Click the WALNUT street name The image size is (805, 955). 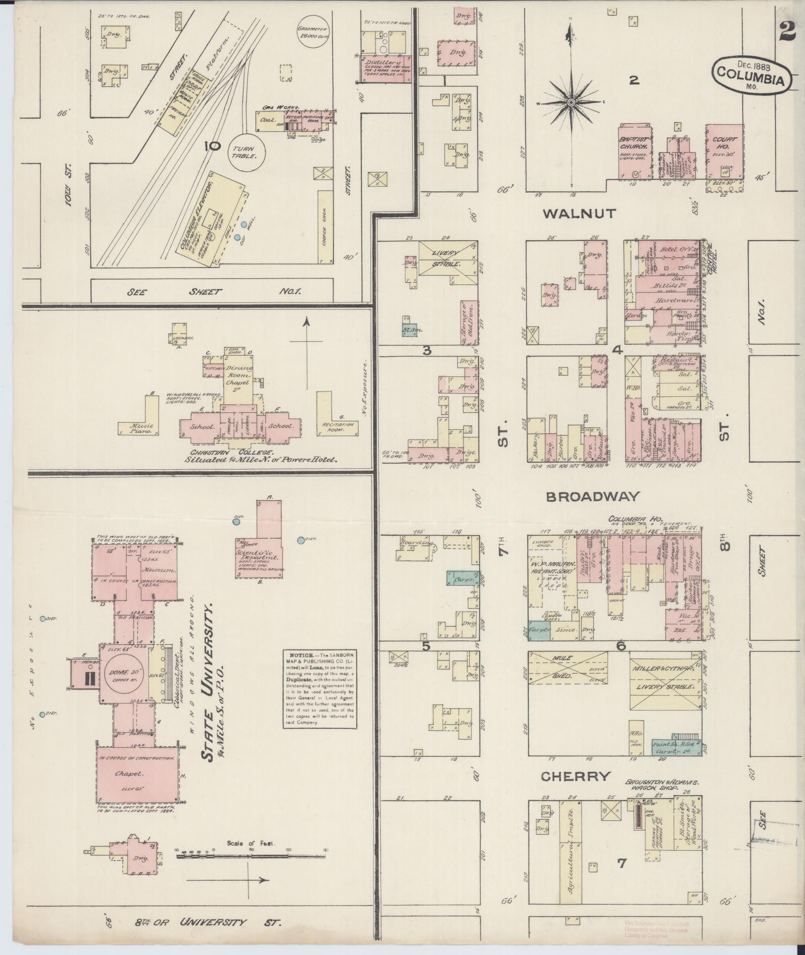tap(579, 214)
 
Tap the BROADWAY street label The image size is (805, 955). tap(592, 497)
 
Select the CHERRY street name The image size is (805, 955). tap(575, 776)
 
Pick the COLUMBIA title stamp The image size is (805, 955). tap(747, 73)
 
